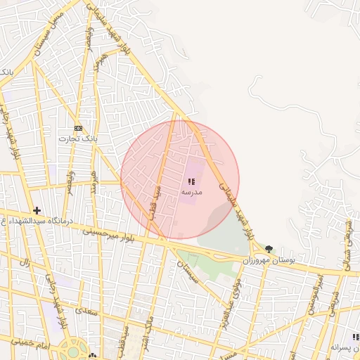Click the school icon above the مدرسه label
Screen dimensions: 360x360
(x=191, y=182)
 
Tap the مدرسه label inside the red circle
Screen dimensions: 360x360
(x=192, y=192)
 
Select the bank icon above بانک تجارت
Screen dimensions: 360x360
(x=78, y=129)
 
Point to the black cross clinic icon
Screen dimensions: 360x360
(x=37, y=210)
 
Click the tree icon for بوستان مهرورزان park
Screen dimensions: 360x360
(x=269, y=249)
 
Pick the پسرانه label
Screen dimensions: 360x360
(x=345, y=348)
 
